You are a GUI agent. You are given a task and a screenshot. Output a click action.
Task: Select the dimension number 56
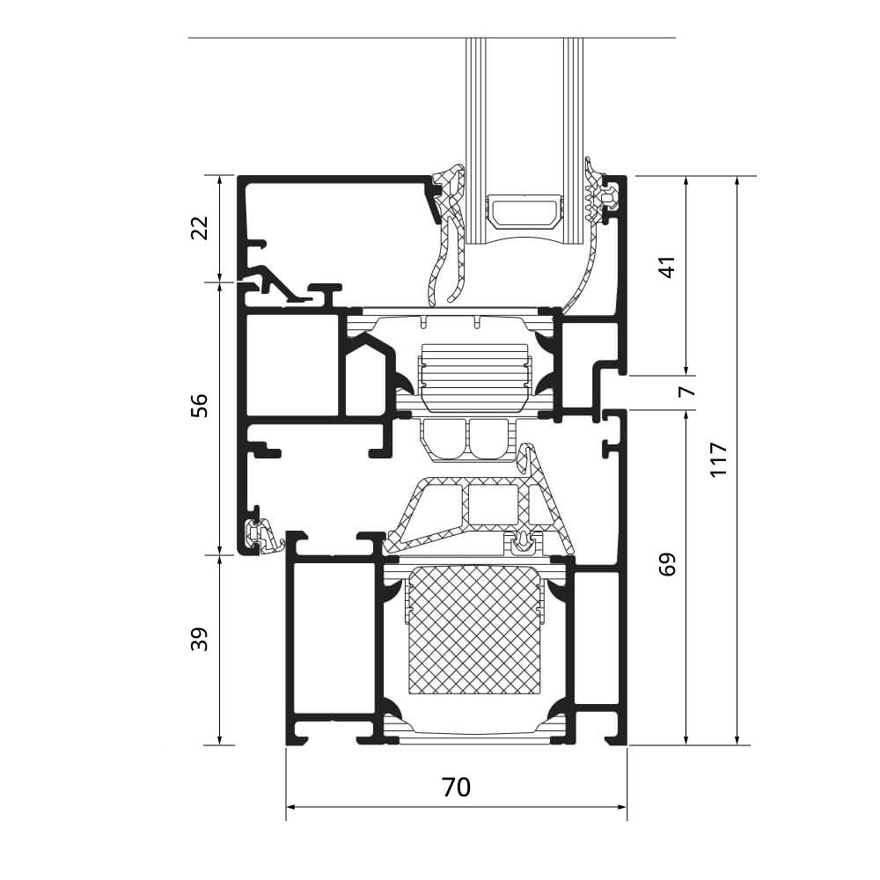(200, 405)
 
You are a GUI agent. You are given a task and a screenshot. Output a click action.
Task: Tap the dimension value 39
(200, 639)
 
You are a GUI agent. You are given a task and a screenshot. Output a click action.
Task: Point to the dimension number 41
(669, 267)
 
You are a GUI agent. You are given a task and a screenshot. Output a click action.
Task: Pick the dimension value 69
(669, 564)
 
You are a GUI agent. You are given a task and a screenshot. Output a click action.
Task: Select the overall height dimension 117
(719, 459)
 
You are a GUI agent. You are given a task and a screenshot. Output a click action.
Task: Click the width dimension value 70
(456, 788)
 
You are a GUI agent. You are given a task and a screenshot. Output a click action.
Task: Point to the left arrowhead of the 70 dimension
(291, 807)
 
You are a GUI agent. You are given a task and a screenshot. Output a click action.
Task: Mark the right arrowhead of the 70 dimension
(622, 807)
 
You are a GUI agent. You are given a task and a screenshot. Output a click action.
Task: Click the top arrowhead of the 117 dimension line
(737, 180)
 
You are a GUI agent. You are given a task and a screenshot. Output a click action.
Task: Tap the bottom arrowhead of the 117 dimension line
(737, 740)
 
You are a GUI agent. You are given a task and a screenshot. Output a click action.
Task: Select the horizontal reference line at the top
(431, 38)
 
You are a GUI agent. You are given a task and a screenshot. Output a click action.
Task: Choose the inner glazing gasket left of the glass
(447, 236)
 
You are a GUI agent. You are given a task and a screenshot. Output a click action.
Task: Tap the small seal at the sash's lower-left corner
(265, 537)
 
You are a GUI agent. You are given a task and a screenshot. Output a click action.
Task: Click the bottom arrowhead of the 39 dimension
(220, 740)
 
